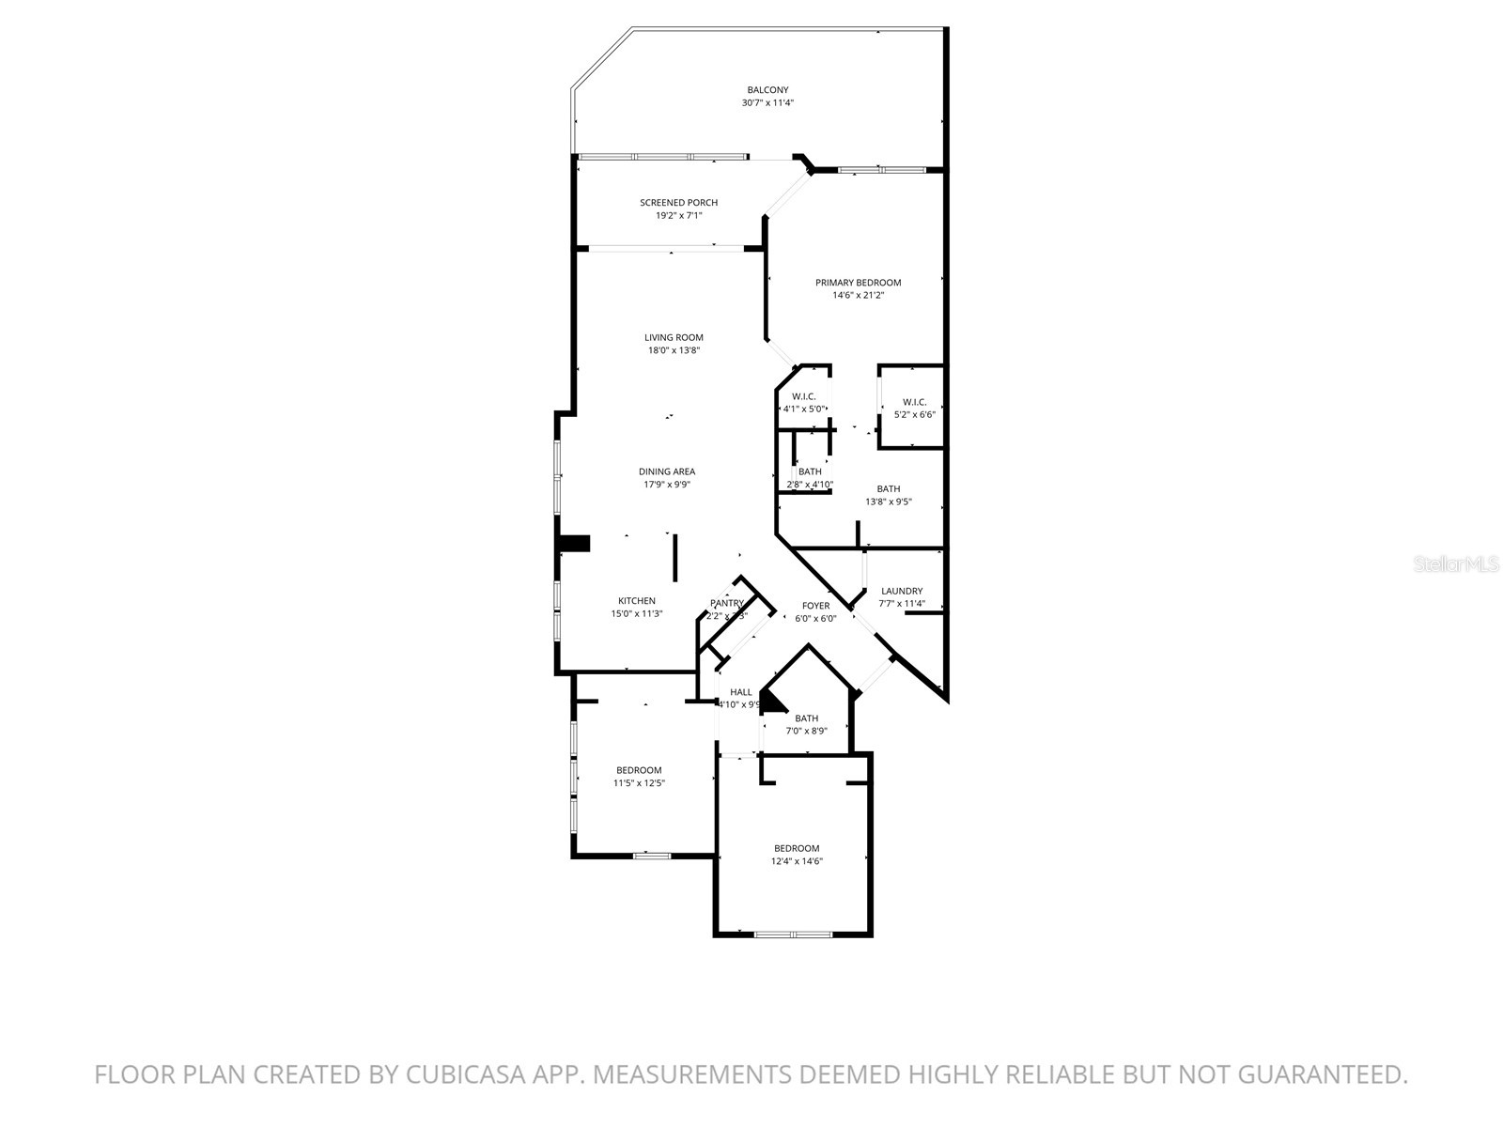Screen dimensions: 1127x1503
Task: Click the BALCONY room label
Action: click(x=767, y=90)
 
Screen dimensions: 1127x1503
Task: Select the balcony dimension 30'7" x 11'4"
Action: click(x=767, y=103)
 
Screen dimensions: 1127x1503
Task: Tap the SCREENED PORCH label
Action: click(x=678, y=203)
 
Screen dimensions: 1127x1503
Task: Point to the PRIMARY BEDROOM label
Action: click(x=858, y=283)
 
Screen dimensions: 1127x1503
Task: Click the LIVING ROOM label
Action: click(x=674, y=338)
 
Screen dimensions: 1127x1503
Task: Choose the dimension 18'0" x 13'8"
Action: click(x=674, y=350)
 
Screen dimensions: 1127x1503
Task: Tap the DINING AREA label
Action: click(x=667, y=472)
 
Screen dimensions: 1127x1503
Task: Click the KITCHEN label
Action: click(x=637, y=601)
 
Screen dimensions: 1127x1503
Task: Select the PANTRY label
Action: click(x=727, y=604)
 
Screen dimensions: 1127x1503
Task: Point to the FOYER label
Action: click(x=815, y=606)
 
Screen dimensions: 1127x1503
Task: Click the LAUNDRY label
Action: click(x=902, y=592)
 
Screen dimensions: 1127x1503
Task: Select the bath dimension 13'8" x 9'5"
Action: click(x=889, y=502)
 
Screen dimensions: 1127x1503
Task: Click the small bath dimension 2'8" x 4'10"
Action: click(x=810, y=485)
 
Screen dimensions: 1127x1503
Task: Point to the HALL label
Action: click(x=741, y=692)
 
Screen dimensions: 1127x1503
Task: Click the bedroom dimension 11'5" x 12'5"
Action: click(x=639, y=783)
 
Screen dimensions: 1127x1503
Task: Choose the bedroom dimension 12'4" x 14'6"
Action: click(x=797, y=861)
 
